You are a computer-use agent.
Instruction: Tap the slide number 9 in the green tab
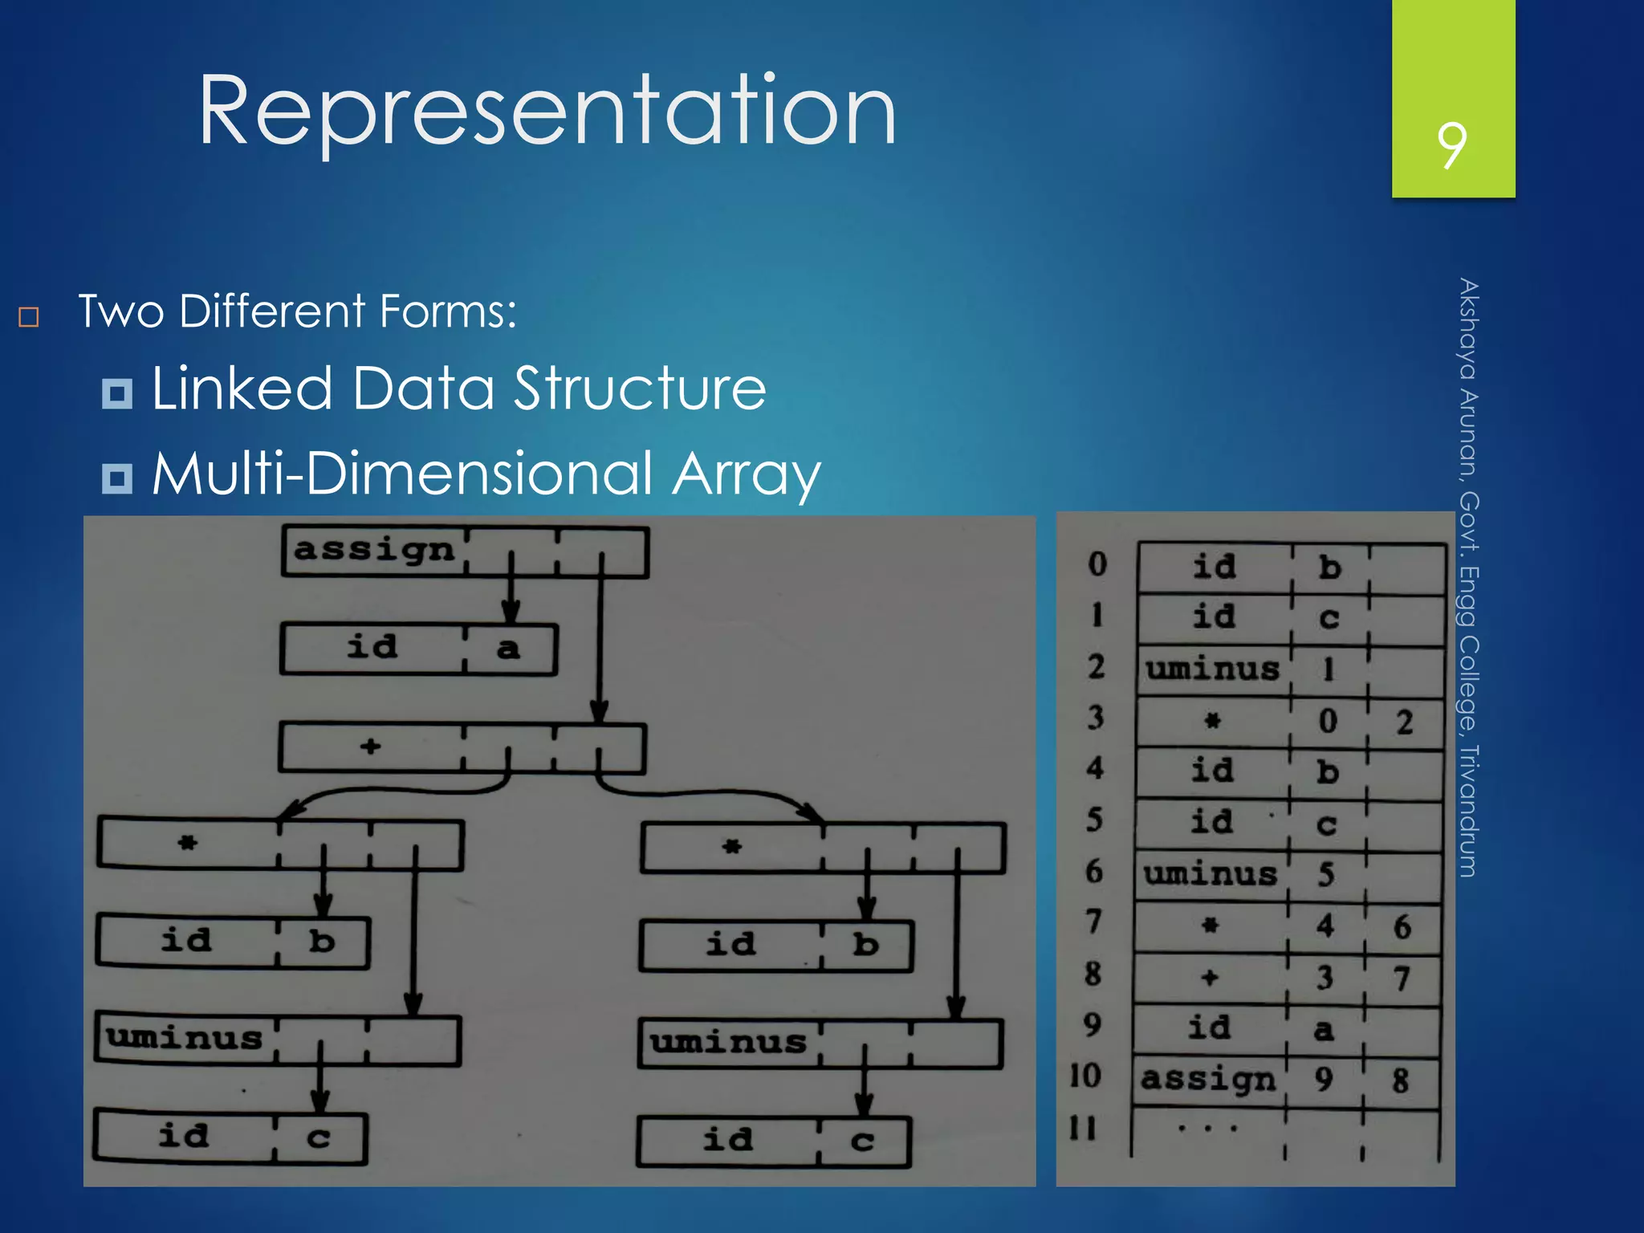[x=1451, y=145]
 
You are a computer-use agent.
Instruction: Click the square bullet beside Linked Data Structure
[x=117, y=393]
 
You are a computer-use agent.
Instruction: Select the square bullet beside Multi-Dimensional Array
[x=117, y=478]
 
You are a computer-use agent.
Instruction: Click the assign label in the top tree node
[x=374, y=551]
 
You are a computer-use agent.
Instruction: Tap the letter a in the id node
[x=507, y=649]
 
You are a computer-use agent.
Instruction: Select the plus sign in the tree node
[x=370, y=747]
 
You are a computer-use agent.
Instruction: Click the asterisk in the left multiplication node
[x=187, y=843]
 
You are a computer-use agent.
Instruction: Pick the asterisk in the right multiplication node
[x=731, y=846]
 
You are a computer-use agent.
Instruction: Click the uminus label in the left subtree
[x=185, y=1038]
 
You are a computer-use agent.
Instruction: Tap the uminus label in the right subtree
[x=728, y=1042]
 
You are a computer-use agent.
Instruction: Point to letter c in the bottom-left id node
[x=318, y=1137]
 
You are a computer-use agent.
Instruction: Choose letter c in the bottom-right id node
[x=861, y=1141]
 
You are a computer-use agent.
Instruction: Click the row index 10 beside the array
[x=1084, y=1076]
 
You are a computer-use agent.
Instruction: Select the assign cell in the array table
[x=1208, y=1080]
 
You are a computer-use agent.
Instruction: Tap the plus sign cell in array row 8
[x=1210, y=977]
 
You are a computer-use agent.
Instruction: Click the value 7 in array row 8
[x=1402, y=979]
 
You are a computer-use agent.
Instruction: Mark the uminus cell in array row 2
[x=1212, y=669]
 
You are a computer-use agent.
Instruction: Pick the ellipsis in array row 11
[x=1207, y=1129]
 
